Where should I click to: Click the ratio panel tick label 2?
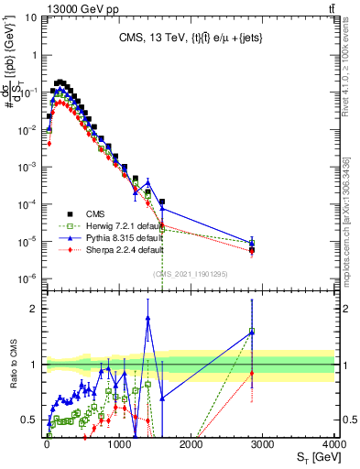[34, 309]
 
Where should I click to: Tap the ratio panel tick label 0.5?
[30, 420]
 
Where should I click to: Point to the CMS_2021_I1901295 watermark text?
[190, 274]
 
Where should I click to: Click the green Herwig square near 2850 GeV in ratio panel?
[252, 332]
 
